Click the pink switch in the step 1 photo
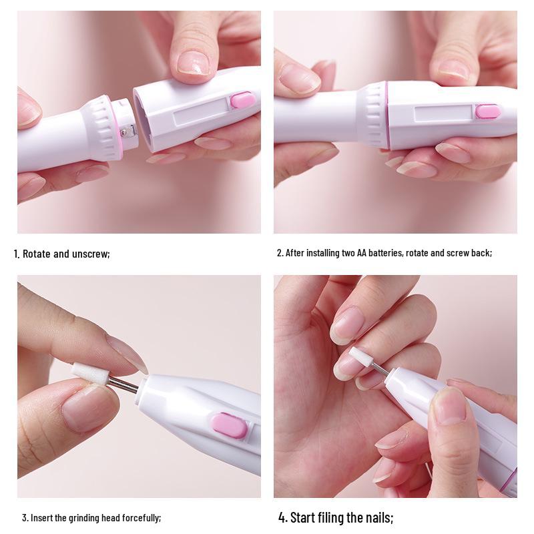[x=242, y=101]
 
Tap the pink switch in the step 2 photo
[x=488, y=111]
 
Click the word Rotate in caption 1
[x=38, y=254]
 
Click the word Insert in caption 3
[x=43, y=517]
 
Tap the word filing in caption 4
[x=334, y=517]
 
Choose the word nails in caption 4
[x=378, y=517]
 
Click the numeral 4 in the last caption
[x=282, y=517]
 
